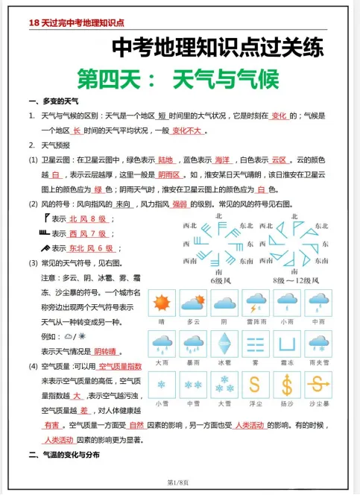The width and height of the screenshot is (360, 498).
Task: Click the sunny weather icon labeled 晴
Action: (x=161, y=303)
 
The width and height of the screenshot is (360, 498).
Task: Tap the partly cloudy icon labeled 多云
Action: (x=193, y=303)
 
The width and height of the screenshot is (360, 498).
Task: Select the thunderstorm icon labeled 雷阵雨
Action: (x=256, y=303)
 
